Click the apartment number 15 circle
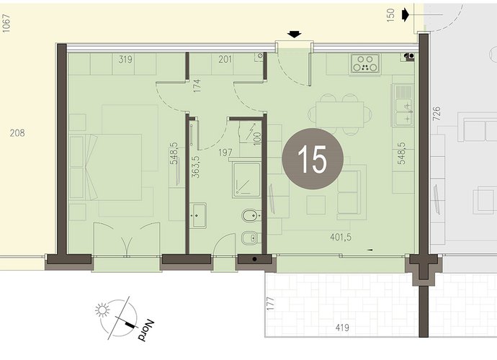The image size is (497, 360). click(x=313, y=159)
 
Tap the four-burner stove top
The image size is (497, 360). click(x=365, y=63)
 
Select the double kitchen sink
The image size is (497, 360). click(x=403, y=104)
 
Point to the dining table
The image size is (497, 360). click(x=339, y=114)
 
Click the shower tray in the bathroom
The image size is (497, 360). click(x=246, y=179)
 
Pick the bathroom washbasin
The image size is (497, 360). click(x=198, y=215)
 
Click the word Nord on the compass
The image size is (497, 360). click(x=145, y=330)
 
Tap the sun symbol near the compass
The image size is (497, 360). click(x=102, y=310)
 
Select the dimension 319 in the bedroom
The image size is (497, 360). click(x=125, y=59)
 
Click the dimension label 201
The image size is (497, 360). click(x=225, y=59)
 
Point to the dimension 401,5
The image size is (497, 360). click(x=341, y=237)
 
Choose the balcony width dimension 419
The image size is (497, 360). click(x=342, y=328)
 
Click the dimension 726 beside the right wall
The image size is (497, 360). click(x=436, y=114)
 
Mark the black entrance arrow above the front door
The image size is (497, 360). click(x=295, y=35)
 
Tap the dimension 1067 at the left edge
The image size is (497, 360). click(x=6, y=23)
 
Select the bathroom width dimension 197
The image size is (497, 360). click(x=225, y=153)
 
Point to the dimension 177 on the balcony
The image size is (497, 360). click(x=270, y=304)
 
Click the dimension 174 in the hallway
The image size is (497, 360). click(x=197, y=86)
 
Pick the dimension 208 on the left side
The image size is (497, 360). click(x=17, y=132)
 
